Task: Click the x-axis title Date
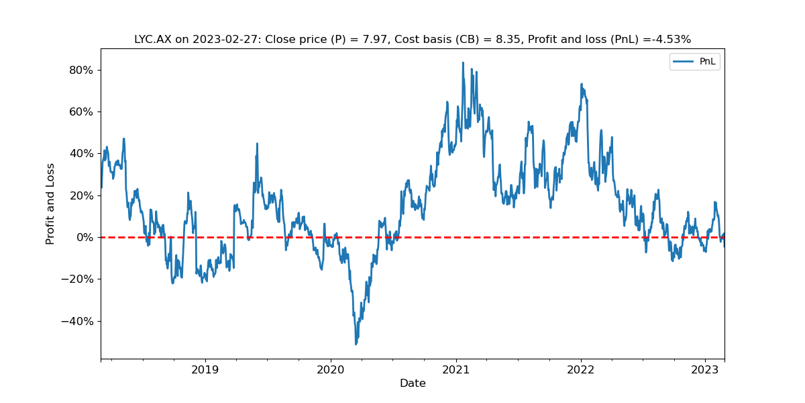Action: tap(413, 384)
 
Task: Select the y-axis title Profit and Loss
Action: tap(50, 204)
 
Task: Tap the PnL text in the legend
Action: tap(708, 62)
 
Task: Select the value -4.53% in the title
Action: tap(669, 40)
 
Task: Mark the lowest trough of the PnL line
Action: tap(356, 345)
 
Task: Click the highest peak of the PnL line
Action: tap(463, 62)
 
